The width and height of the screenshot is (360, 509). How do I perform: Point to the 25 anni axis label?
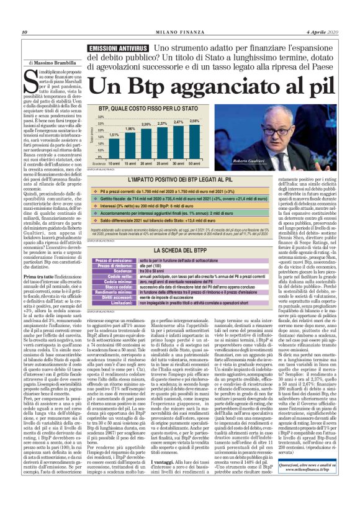[163, 163]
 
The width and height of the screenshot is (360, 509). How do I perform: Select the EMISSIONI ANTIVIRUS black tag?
[118, 47]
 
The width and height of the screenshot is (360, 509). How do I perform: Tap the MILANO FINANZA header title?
[180, 32]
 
